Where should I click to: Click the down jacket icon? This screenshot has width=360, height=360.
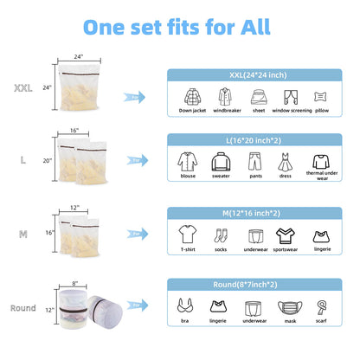[192, 97]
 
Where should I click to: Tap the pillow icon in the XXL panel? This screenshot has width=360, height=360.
[320, 97]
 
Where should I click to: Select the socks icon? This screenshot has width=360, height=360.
[221, 235]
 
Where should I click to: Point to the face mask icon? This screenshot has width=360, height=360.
[290, 307]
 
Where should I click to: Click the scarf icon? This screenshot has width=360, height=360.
[321, 307]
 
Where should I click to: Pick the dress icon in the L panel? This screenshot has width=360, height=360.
[285, 162]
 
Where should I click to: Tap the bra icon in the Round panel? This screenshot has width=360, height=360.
[185, 305]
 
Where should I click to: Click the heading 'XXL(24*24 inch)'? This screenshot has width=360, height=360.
[258, 75]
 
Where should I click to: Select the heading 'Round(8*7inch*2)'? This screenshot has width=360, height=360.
[245, 285]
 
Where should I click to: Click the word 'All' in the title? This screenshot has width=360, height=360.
[255, 28]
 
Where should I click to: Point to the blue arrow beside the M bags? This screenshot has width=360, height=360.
[138, 234]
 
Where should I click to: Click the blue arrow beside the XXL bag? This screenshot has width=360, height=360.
[134, 97]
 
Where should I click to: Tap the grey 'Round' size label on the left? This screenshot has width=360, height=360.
[23, 308]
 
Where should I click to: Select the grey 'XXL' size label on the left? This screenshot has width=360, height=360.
[23, 88]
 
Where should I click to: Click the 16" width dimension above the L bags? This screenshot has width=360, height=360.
[74, 131]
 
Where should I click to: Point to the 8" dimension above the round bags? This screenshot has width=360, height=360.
[74, 283]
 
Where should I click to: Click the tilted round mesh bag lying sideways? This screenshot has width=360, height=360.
[105, 308]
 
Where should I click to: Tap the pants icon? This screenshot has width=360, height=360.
[255, 161]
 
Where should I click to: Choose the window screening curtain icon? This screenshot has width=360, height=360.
[291, 97]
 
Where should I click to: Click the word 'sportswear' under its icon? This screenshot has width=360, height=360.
[286, 249]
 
